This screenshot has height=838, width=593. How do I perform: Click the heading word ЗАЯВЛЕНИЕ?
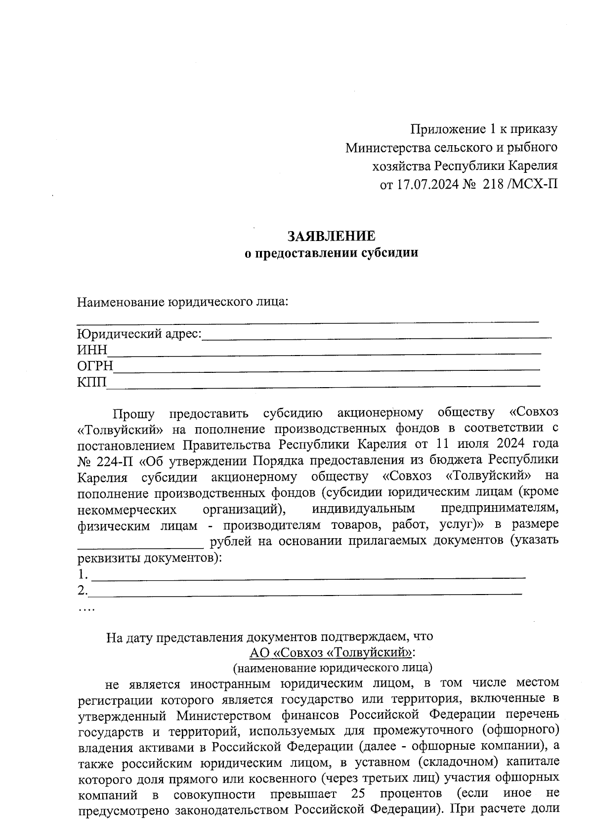(332, 236)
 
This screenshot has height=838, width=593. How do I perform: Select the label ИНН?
(92, 350)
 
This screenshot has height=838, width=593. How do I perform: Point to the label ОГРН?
(95, 366)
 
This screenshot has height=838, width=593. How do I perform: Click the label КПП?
(91, 382)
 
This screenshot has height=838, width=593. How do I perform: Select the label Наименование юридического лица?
(182, 302)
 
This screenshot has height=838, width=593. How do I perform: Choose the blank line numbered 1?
(309, 576)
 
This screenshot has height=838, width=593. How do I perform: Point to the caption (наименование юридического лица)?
(332, 668)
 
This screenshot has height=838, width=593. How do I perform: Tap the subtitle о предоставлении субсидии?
(332, 253)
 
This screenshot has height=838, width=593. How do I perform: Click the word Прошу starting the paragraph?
(133, 413)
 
